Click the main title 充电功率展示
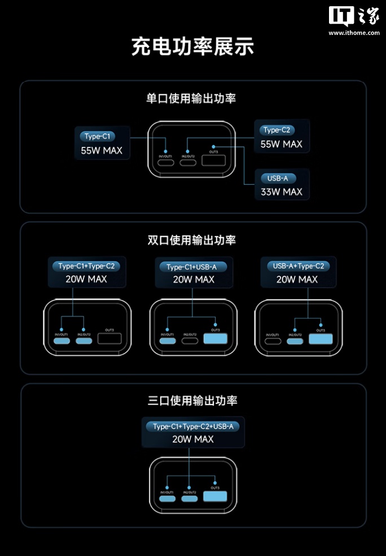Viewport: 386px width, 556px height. click(x=192, y=46)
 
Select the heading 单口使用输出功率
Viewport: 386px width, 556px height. click(x=191, y=98)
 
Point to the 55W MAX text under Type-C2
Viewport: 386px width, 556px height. click(x=281, y=144)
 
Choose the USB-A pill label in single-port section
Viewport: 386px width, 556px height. click(x=278, y=179)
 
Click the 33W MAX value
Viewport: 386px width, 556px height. click(x=281, y=192)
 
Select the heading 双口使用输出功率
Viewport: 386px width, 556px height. click(x=191, y=240)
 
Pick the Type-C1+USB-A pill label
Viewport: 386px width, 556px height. click(x=194, y=267)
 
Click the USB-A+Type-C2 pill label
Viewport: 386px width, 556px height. click(x=298, y=266)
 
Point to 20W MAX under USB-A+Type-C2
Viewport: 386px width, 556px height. click(x=297, y=279)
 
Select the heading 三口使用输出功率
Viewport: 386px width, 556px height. click(x=192, y=401)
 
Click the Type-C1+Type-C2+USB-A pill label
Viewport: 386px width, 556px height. click(x=193, y=427)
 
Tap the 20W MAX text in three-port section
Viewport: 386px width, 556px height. click(x=193, y=439)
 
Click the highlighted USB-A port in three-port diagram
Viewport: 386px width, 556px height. click(x=215, y=497)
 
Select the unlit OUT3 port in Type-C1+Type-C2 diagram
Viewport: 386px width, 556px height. click(x=109, y=339)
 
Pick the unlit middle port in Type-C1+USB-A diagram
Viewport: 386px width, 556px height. click(x=190, y=340)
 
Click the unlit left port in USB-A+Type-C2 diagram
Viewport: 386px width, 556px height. click(x=274, y=340)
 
